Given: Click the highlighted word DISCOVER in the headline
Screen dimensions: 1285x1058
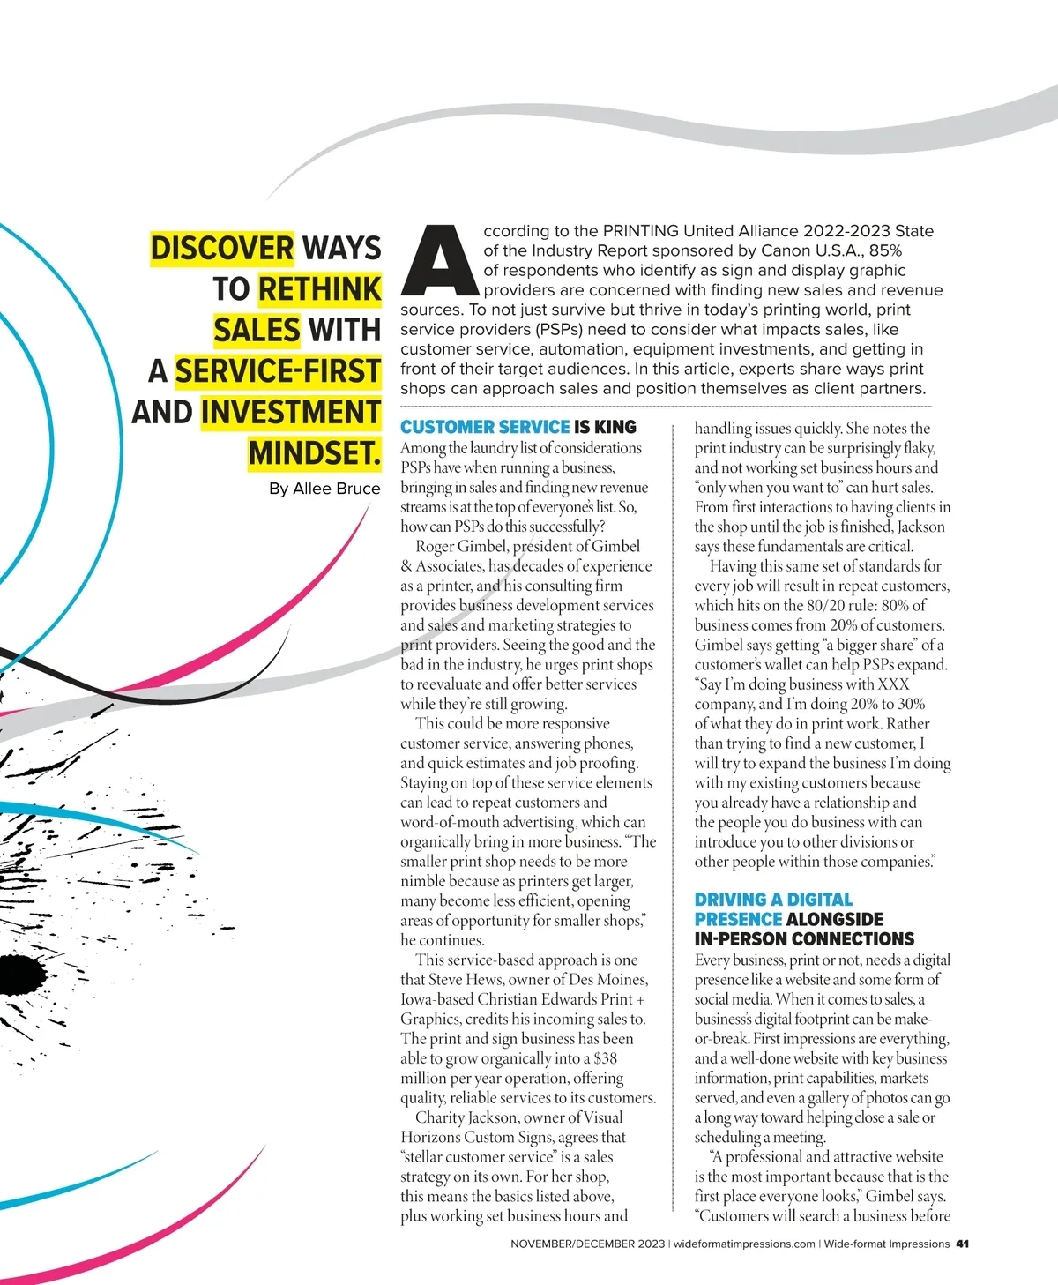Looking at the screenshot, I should click(221, 248).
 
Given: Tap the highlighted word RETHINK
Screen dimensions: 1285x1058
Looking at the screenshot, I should click(319, 288).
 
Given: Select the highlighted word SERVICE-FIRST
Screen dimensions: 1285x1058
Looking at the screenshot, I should click(278, 370).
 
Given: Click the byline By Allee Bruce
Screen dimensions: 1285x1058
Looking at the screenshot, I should click(324, 489).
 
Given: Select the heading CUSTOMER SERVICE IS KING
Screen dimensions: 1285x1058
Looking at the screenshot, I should click(518, 427).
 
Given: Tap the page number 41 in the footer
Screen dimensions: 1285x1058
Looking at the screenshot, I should click(962, 1244).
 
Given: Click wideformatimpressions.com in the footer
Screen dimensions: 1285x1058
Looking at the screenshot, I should click(744, 1244).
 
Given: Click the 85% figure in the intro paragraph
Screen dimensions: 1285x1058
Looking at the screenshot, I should click(885, 250).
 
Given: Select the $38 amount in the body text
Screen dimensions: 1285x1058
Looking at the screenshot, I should click(606, 1058).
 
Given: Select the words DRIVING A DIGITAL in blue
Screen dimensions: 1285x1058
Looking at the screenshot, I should click(773, 900).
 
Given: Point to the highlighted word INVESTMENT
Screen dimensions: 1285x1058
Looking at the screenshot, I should click(290, 412).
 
